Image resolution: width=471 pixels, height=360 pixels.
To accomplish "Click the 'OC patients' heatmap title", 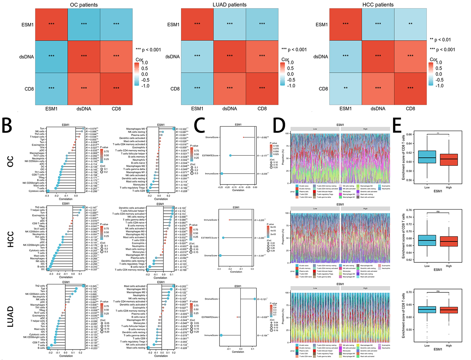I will pyautogui.click(x=84, y=5).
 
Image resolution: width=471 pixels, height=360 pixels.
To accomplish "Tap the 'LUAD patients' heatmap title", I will pyautogui.click(x=229, y=5).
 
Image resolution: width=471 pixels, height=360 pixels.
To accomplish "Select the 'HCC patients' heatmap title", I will pyautogui.click(x=378, y=5).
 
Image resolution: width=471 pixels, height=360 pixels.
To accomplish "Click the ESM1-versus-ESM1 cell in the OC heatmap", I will pyautogui.click(x=52, y=24).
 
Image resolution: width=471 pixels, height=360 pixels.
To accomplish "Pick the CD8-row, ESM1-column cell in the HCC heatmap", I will pyautogui.click(x=346, y=89).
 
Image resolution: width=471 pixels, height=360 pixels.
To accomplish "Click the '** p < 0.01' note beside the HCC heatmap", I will pyautogui.click(x=440, y=40).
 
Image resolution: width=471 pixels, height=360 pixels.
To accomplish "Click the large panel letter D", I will pyautogui.click(x=279, y=125).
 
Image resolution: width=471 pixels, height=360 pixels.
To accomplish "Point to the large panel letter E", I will pyautogui.click(x=397, y=125).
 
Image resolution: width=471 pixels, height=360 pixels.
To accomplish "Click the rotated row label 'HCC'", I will pyautogui.click(x=10, y=239).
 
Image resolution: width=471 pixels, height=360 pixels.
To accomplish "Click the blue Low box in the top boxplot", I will pyautogui.click(x=427, y=157).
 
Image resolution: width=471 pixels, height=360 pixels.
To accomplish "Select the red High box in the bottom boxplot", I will pyautogui.click(x=449, y=310).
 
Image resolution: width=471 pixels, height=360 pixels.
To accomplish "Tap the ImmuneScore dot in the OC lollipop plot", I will pyautogui.click(x=222, y=174).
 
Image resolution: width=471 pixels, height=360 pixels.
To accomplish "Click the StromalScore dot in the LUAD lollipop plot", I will pyautogui.click(x=255, y=299).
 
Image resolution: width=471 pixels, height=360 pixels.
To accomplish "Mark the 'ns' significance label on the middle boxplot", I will pyautogui.click(x=438, y=212).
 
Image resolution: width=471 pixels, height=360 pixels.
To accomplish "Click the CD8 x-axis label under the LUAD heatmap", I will pyautogui.click(x=262, y=109).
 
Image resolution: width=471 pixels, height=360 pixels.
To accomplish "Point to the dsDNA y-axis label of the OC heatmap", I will pyautogui.click(x=27, y=57).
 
